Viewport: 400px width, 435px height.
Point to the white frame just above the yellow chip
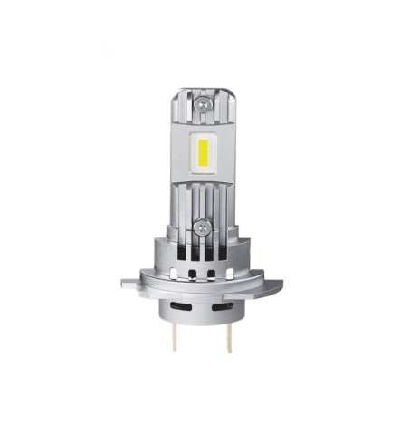[201, 132]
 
